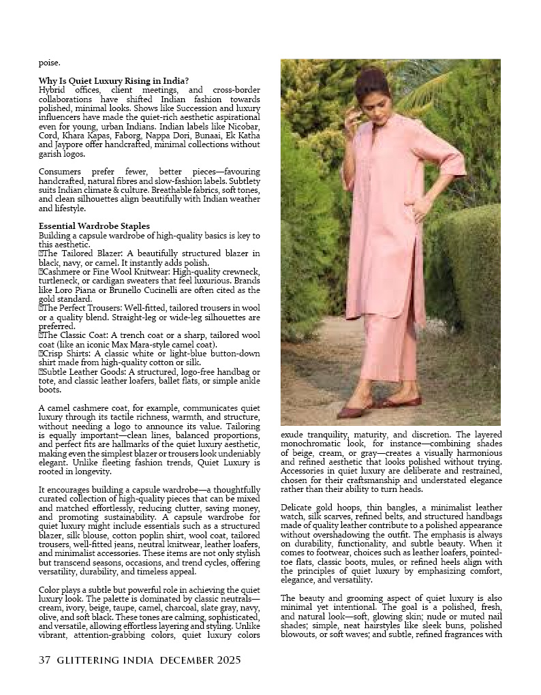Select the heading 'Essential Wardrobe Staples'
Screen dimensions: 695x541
pyautogui.click(x=94, y=226)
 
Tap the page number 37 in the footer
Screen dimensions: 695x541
pyautogui.click(x=45, y=660)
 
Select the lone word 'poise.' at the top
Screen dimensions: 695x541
pyautogui.click(x=49, y=63)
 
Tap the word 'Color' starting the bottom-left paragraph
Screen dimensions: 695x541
pyautogui.click(x=50, y=590)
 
